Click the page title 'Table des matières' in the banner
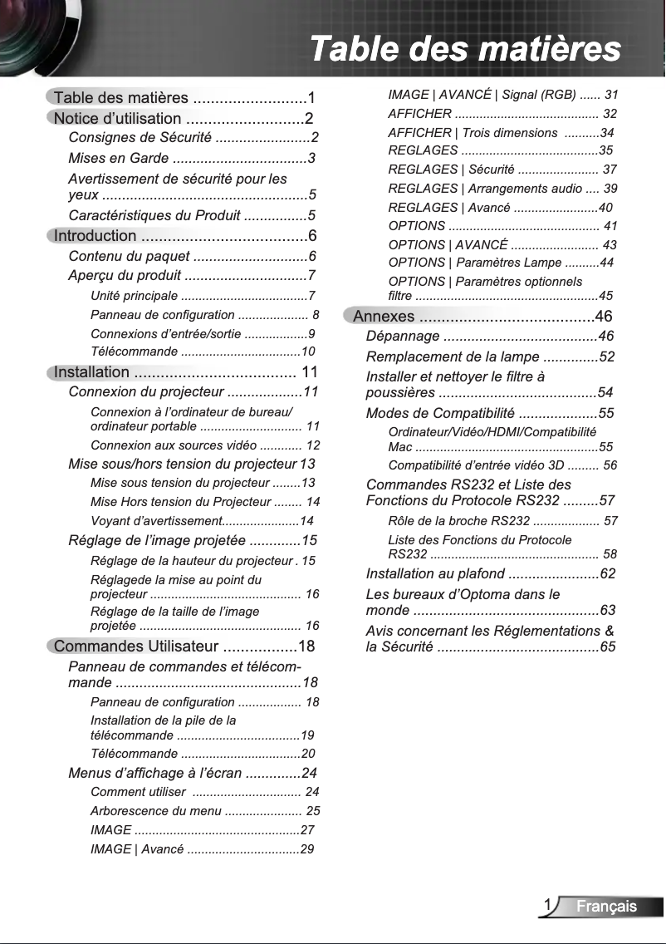point(464,47)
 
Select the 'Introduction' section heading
point(95,235)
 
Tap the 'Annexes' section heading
point(384,316)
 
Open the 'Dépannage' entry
point(403,336)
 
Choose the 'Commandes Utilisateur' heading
point(136,646)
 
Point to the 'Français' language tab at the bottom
point(607,906)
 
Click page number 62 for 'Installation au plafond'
point(607,573)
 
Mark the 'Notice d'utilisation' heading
point(117,118)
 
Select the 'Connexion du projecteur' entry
point(146,391)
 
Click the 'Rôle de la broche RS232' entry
point(458,521)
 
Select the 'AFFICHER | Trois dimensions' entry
point(473,133)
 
